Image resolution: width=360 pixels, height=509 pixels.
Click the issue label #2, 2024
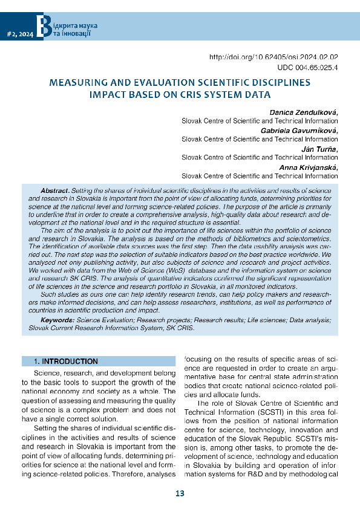point(19,35)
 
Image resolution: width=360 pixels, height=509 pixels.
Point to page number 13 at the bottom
point(180,494)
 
